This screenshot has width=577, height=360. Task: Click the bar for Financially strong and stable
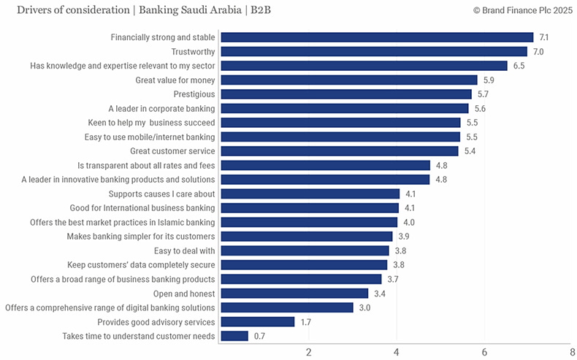click(x=377, y=37)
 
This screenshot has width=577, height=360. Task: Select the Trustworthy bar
click(x=373, y=52)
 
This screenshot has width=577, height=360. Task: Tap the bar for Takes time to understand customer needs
click(x=234, y=336)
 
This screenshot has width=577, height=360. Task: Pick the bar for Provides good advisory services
click(x=257, y=322)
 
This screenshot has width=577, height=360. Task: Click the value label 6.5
click(x=519, y=66)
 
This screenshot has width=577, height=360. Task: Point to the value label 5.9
click(x=489, y=80)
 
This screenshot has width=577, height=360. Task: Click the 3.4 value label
click(x=380, y=294)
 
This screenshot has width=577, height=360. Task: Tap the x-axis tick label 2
click(x=308, y=352)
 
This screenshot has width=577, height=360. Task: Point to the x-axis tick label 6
click(x=484, y=352)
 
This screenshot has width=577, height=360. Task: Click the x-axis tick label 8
click(x=572, y=352)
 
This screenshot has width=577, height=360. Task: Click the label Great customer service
click(x=172, y=151)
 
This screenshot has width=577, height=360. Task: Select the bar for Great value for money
click(x=348, y=80)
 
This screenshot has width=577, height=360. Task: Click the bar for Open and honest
click(x=294, y=294)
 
